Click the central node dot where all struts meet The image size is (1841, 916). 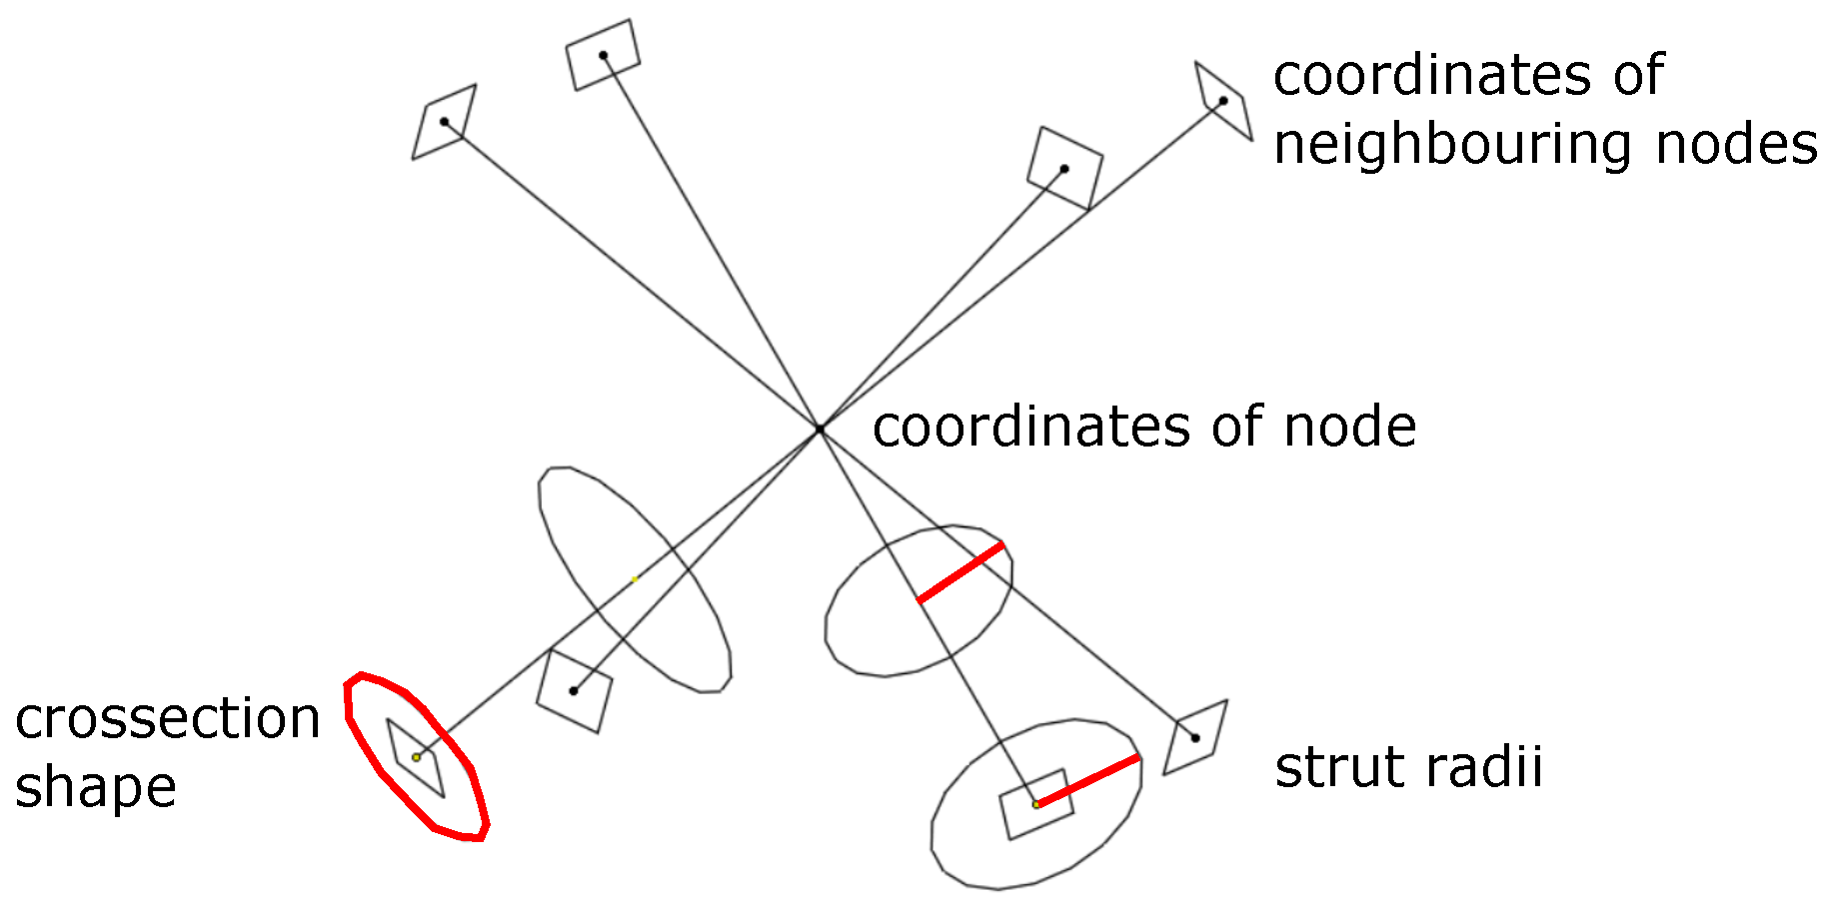[820, 430]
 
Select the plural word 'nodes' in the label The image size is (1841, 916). [1736, 144]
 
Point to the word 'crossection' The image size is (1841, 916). [167, 719]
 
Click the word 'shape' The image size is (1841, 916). [95, 789]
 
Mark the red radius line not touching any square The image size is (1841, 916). [960, 572]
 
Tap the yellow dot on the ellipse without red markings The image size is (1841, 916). [635, 579]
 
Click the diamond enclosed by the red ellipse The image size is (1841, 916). [416, 758]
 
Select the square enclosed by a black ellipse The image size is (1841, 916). [1036, 804]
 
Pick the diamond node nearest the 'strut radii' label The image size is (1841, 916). [1195, 738]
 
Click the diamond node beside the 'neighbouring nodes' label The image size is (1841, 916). [1223, 101]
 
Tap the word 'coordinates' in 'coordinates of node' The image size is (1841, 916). [1030, 428]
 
